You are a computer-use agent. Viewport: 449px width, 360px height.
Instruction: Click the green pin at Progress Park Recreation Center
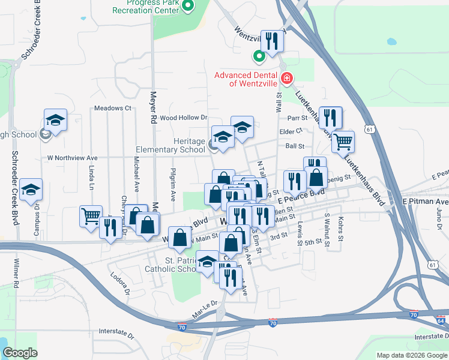click(188, 7)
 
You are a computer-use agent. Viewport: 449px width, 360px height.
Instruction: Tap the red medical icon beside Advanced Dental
click(287, 78)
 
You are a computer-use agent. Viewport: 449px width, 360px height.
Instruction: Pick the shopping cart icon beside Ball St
click(343, 142)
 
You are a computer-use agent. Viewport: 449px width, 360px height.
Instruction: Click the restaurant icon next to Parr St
click(330, 117)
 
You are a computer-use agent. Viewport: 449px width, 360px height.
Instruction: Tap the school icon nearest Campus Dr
click(30, 190)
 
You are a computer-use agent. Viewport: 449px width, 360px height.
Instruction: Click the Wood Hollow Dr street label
click(183, 118)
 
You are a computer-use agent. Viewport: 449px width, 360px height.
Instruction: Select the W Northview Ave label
click(73, 158)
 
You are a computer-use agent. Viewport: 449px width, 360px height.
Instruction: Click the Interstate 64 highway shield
click(443, 320)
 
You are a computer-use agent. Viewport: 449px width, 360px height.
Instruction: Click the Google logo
click(20, 353)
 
